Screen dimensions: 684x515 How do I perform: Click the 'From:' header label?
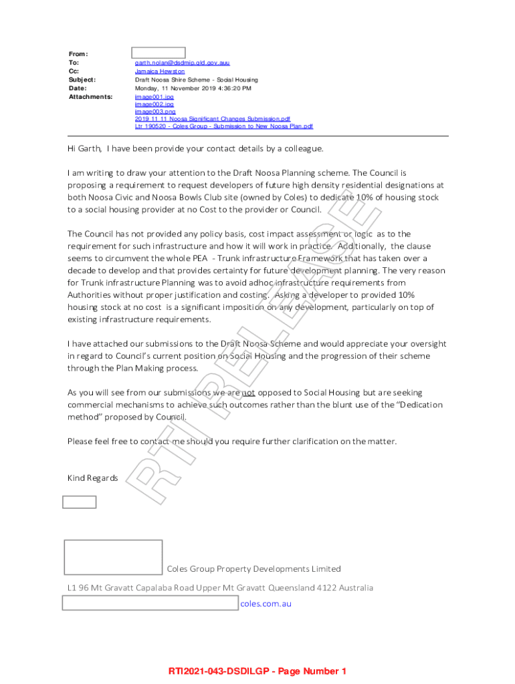pos(78,53)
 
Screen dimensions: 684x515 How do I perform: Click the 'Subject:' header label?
pos(82,79)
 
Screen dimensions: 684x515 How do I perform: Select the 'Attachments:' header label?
pos(90,97)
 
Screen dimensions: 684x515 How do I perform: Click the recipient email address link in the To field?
pos(182,62)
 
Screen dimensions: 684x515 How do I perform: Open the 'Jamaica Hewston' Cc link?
pos(160,71)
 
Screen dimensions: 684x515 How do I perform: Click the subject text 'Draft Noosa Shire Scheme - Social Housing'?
pos(196,79)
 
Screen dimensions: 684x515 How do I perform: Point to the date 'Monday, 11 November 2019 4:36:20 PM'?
pos(193,88)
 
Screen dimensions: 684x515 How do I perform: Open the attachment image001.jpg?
pos(154,97)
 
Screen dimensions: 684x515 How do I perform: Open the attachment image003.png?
pos(154,112)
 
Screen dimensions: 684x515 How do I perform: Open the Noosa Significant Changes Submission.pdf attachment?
pos(212,119)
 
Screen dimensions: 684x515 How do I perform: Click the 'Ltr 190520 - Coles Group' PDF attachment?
pos(223,126)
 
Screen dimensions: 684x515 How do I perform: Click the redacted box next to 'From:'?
pos(158,53)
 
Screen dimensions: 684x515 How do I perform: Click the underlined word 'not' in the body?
pos(248,393)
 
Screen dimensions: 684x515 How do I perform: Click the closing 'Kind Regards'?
pos(92,478)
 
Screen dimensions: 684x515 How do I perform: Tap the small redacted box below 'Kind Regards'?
pos(79,502)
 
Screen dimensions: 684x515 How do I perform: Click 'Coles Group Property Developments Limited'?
pos(253,569)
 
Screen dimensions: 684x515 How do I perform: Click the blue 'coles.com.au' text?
pos(266,604)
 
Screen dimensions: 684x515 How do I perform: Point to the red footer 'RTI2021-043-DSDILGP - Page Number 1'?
pos(257,671)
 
